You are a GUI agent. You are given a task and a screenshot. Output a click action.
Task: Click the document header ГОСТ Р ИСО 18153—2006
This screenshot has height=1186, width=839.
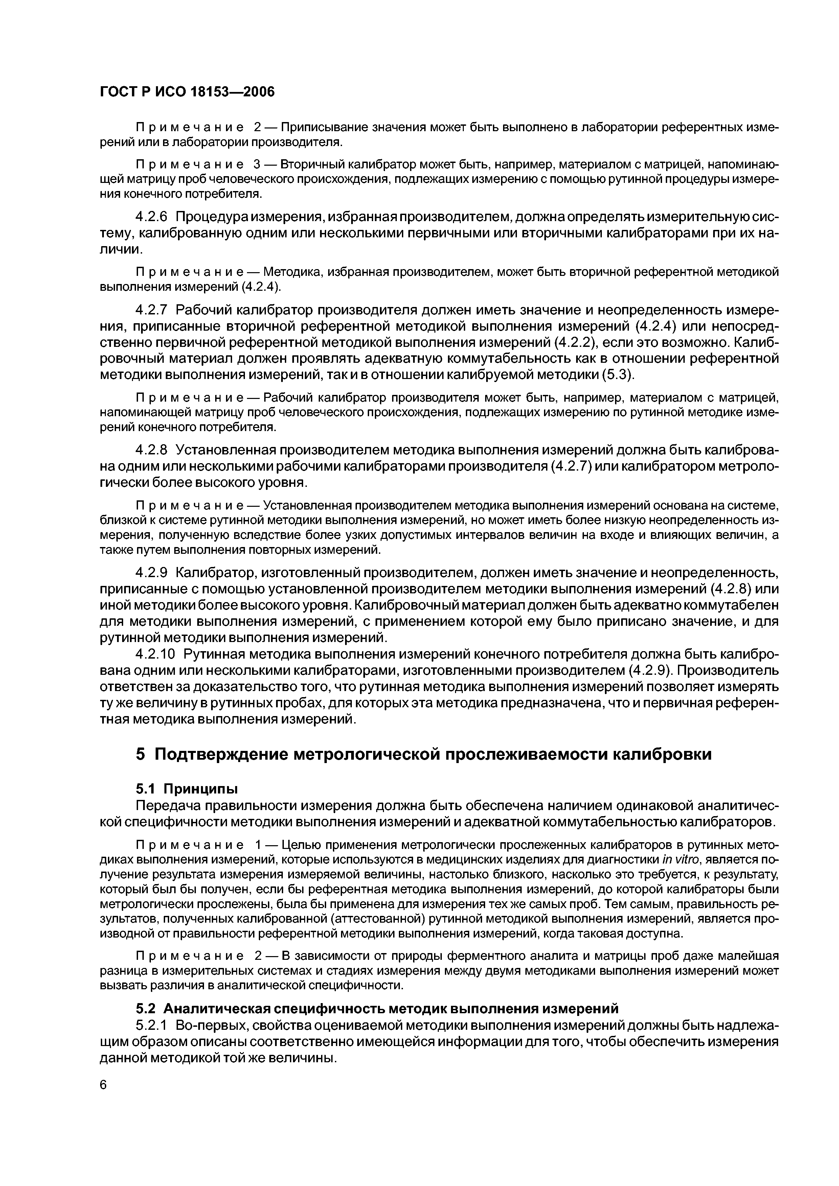pos(187,92)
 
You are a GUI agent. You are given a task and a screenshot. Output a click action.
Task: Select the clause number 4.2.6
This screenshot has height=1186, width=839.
pos(152,216)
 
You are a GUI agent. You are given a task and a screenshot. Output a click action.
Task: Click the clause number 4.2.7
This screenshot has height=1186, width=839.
pos(152,310)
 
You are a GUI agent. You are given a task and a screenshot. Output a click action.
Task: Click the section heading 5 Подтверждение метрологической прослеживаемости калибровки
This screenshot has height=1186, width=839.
pos(423,754)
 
